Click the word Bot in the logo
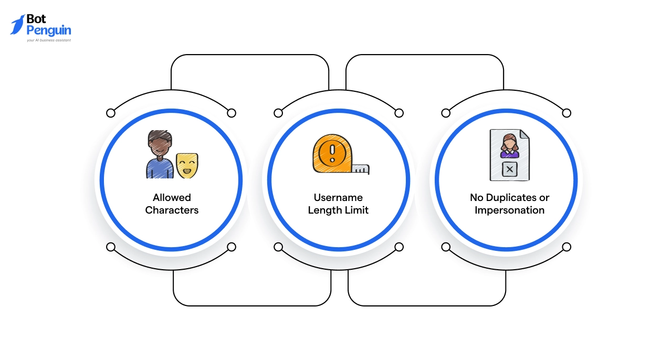pos(36,19)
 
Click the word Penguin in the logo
pos(48,30)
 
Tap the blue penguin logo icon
pos(17,25)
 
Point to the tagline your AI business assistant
pos(48,40)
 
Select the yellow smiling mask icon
pos(187,165)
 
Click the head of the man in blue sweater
pos(160,143)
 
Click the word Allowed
pos(172,198)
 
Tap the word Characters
pos(172,210)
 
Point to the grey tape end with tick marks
pos(361,168)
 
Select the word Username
pos(338,198)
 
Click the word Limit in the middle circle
pos(356,210)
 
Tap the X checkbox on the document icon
pos(510,170)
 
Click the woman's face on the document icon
pos(509,141)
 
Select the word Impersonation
pos(509,210)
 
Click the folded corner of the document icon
pos(524,134)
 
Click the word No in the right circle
pos(476,198)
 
